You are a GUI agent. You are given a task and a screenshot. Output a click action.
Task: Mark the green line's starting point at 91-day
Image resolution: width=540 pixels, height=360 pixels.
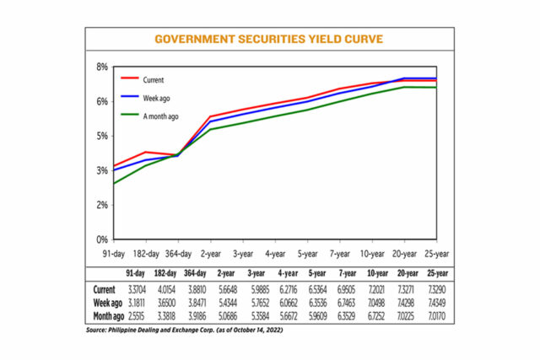point(115,184)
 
